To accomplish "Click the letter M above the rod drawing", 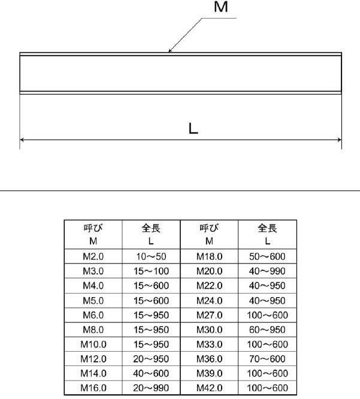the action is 220,7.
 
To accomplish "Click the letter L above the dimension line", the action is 193,128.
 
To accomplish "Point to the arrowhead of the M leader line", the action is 170,51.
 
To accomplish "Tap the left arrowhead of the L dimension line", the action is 22,140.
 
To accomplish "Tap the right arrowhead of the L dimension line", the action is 340,140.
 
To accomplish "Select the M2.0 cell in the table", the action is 93,256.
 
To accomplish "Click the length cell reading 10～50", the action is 151,256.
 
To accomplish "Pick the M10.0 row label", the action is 93,344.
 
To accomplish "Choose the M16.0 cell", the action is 93,388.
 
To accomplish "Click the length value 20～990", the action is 151,388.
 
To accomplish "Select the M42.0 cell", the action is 210,388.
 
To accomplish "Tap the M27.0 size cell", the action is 210,315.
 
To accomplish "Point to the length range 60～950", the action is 267,330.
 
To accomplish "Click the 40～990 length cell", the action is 267,271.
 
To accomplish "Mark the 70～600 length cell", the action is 267,359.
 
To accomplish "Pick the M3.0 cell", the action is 93,271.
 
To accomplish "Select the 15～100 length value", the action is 151,271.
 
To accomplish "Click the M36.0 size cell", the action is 210,359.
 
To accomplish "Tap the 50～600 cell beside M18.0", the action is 267,256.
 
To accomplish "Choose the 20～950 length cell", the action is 151,359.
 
